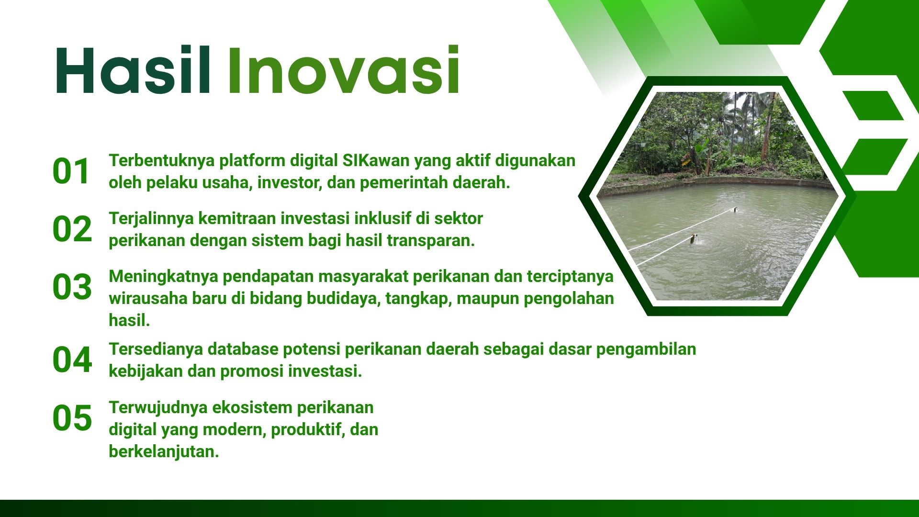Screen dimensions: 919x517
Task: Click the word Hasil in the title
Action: (x=133, y=70)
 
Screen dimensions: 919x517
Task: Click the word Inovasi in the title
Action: (x=344, y=70)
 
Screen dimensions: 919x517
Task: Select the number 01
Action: (x=71, y=171)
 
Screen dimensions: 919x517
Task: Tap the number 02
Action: (x=72, y=229)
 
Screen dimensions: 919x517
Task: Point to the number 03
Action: (x=72, y=287)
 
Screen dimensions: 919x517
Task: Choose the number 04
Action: (x=72, y=360)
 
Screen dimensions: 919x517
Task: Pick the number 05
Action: (x=72, y=418)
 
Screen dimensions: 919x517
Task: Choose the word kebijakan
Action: (x=146, y=371)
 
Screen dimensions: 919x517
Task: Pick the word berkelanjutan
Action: (x=164, y=451)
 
